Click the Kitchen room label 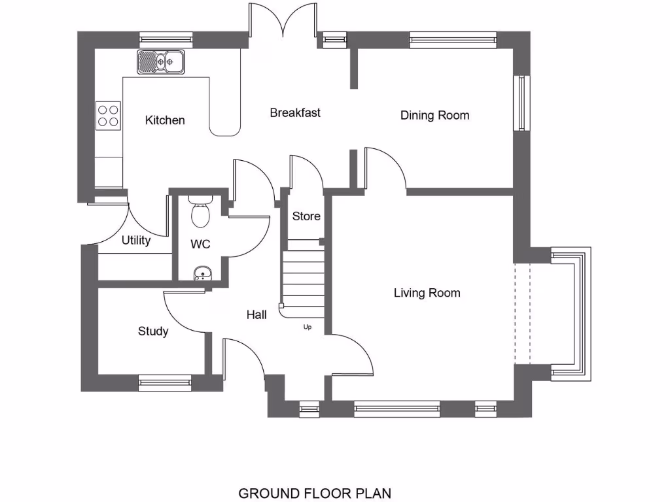coord(165,120)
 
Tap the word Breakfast coord(295,113)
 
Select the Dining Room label coord(434,116)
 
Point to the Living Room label coord(427,293)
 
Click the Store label coord(306,216)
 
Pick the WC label coord(200,244)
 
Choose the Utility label coord(136,241)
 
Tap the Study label coord(153,331)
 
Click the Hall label coord(256,315)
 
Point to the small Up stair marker coord(308,327)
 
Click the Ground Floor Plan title coord(315,493)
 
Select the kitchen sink coord(161,63)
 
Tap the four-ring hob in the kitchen coord(109,115)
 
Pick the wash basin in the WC coord(202,274)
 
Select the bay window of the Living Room coord(569,314)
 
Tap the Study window coord(165,383)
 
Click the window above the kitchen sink coord(165,40)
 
